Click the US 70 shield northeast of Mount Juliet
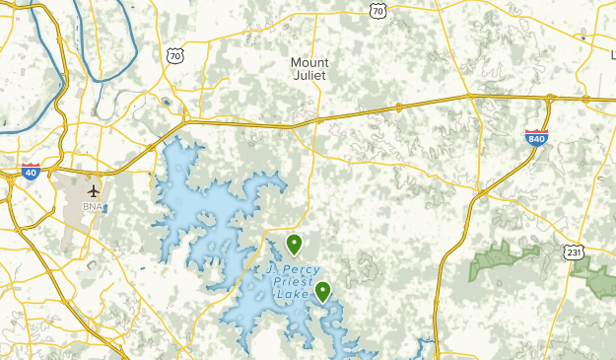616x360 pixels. point(378,10)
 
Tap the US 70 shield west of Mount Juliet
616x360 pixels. point(175,57)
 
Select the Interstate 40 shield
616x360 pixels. point(31,172)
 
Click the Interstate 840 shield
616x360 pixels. point(536,137)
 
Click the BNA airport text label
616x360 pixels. point(94,208)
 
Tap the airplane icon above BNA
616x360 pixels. point(94,190)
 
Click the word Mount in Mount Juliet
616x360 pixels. point(309,62)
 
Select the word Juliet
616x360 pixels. point(309,75)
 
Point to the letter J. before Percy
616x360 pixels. point(271,268)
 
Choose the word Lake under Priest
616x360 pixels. point(293,294)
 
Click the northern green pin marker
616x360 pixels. point(294,242)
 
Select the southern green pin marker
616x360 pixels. point(322,289)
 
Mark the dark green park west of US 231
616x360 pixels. point(504,258)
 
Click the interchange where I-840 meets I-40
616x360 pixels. point(549,98)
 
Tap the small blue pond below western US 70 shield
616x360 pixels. point(166,101)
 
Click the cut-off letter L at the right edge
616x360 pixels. point(612,54)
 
